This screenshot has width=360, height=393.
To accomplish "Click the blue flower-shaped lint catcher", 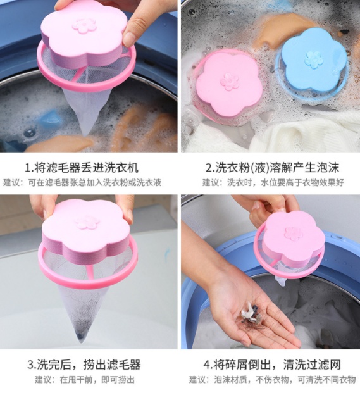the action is pos(313,62).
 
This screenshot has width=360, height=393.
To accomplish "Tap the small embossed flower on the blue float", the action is pos(314,59).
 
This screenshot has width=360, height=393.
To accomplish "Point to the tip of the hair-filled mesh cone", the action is pos(80,341).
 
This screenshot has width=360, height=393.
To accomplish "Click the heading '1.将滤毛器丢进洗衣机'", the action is pos(82,168).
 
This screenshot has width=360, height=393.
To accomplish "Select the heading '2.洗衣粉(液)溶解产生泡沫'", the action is pos(272,168).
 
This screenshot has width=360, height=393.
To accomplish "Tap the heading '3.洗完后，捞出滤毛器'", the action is pos(84,364).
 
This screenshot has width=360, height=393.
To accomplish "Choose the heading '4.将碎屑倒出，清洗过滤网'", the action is pos(272,364).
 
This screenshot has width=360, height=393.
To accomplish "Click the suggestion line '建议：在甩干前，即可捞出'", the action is pos(85,380).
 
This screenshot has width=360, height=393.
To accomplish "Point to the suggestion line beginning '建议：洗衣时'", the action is pos(273,182).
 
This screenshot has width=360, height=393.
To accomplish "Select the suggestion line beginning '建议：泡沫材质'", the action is pos(272,380).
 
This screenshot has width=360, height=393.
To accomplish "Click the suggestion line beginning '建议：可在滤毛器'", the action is pos(82,182).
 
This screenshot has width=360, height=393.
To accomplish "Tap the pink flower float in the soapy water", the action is pos(228,85).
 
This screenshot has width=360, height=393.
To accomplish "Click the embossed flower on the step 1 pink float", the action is pos(84,25).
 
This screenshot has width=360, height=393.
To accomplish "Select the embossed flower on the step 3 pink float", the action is pos(87,223).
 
